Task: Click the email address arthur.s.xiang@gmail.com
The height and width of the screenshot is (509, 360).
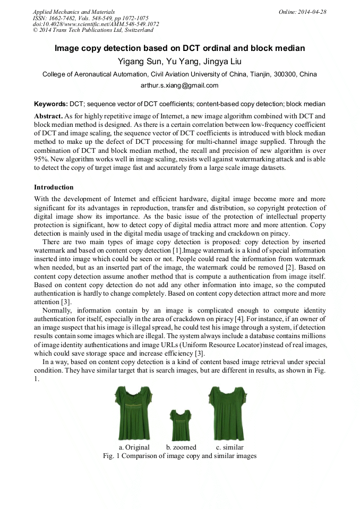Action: pyautogui.click(x=179, y=85)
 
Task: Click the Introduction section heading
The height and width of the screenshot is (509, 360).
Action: pyautogui.click(x=54, y=187)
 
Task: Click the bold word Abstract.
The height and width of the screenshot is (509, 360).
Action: pyautogui.click(x=48, y=116)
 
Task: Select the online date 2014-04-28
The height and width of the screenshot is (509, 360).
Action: pyautogui.click(x=312, y=12)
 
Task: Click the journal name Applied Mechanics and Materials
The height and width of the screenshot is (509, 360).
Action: pyautogui.click(x=73, y=12)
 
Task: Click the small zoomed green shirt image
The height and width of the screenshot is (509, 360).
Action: pyautogui.click(x=180, y=422)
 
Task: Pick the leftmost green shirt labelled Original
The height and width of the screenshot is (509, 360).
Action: pyautogui.click(x=133, y=412)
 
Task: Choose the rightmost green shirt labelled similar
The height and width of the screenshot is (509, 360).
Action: pyautogui.click(x=227, y=412)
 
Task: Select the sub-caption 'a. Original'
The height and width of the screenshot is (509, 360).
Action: pyautogui.click(x=134, y=447)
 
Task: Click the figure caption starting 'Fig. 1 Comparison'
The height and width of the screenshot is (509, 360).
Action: pyautogui.click(x=179, y=456)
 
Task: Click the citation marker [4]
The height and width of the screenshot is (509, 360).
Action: pyautogui.click(x=233, y=318)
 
